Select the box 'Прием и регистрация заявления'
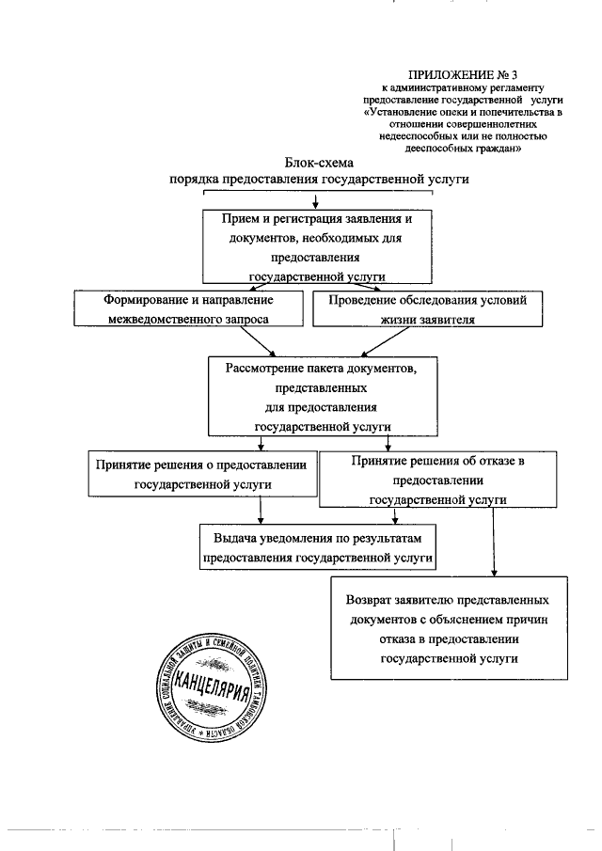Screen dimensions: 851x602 click(317, 244)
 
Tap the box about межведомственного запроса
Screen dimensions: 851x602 click(188, 309)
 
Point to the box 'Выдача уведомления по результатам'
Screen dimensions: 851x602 click(317, 547)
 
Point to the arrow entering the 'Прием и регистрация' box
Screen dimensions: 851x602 click(316, 200)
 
